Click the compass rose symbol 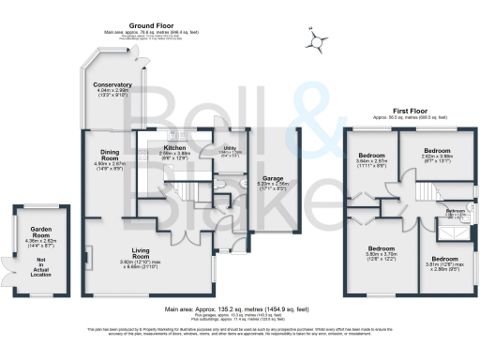coord(319,38)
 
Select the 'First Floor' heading coord(392,109)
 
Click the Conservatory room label coord(112,85)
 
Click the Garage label coord(273,177)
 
